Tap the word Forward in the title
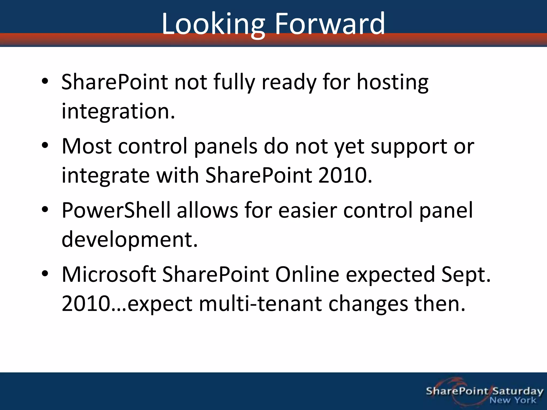tap(330, 24)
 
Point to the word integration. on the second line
tap(118, 112)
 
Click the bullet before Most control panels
tap(45, 145)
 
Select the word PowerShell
tap(116, 210)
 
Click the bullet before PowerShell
tap(45, 210)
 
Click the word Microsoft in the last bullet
tap(109, 274)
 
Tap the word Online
tap(307, 274)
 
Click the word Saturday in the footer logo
tap(518, 391)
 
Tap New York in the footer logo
tap(513, 400)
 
